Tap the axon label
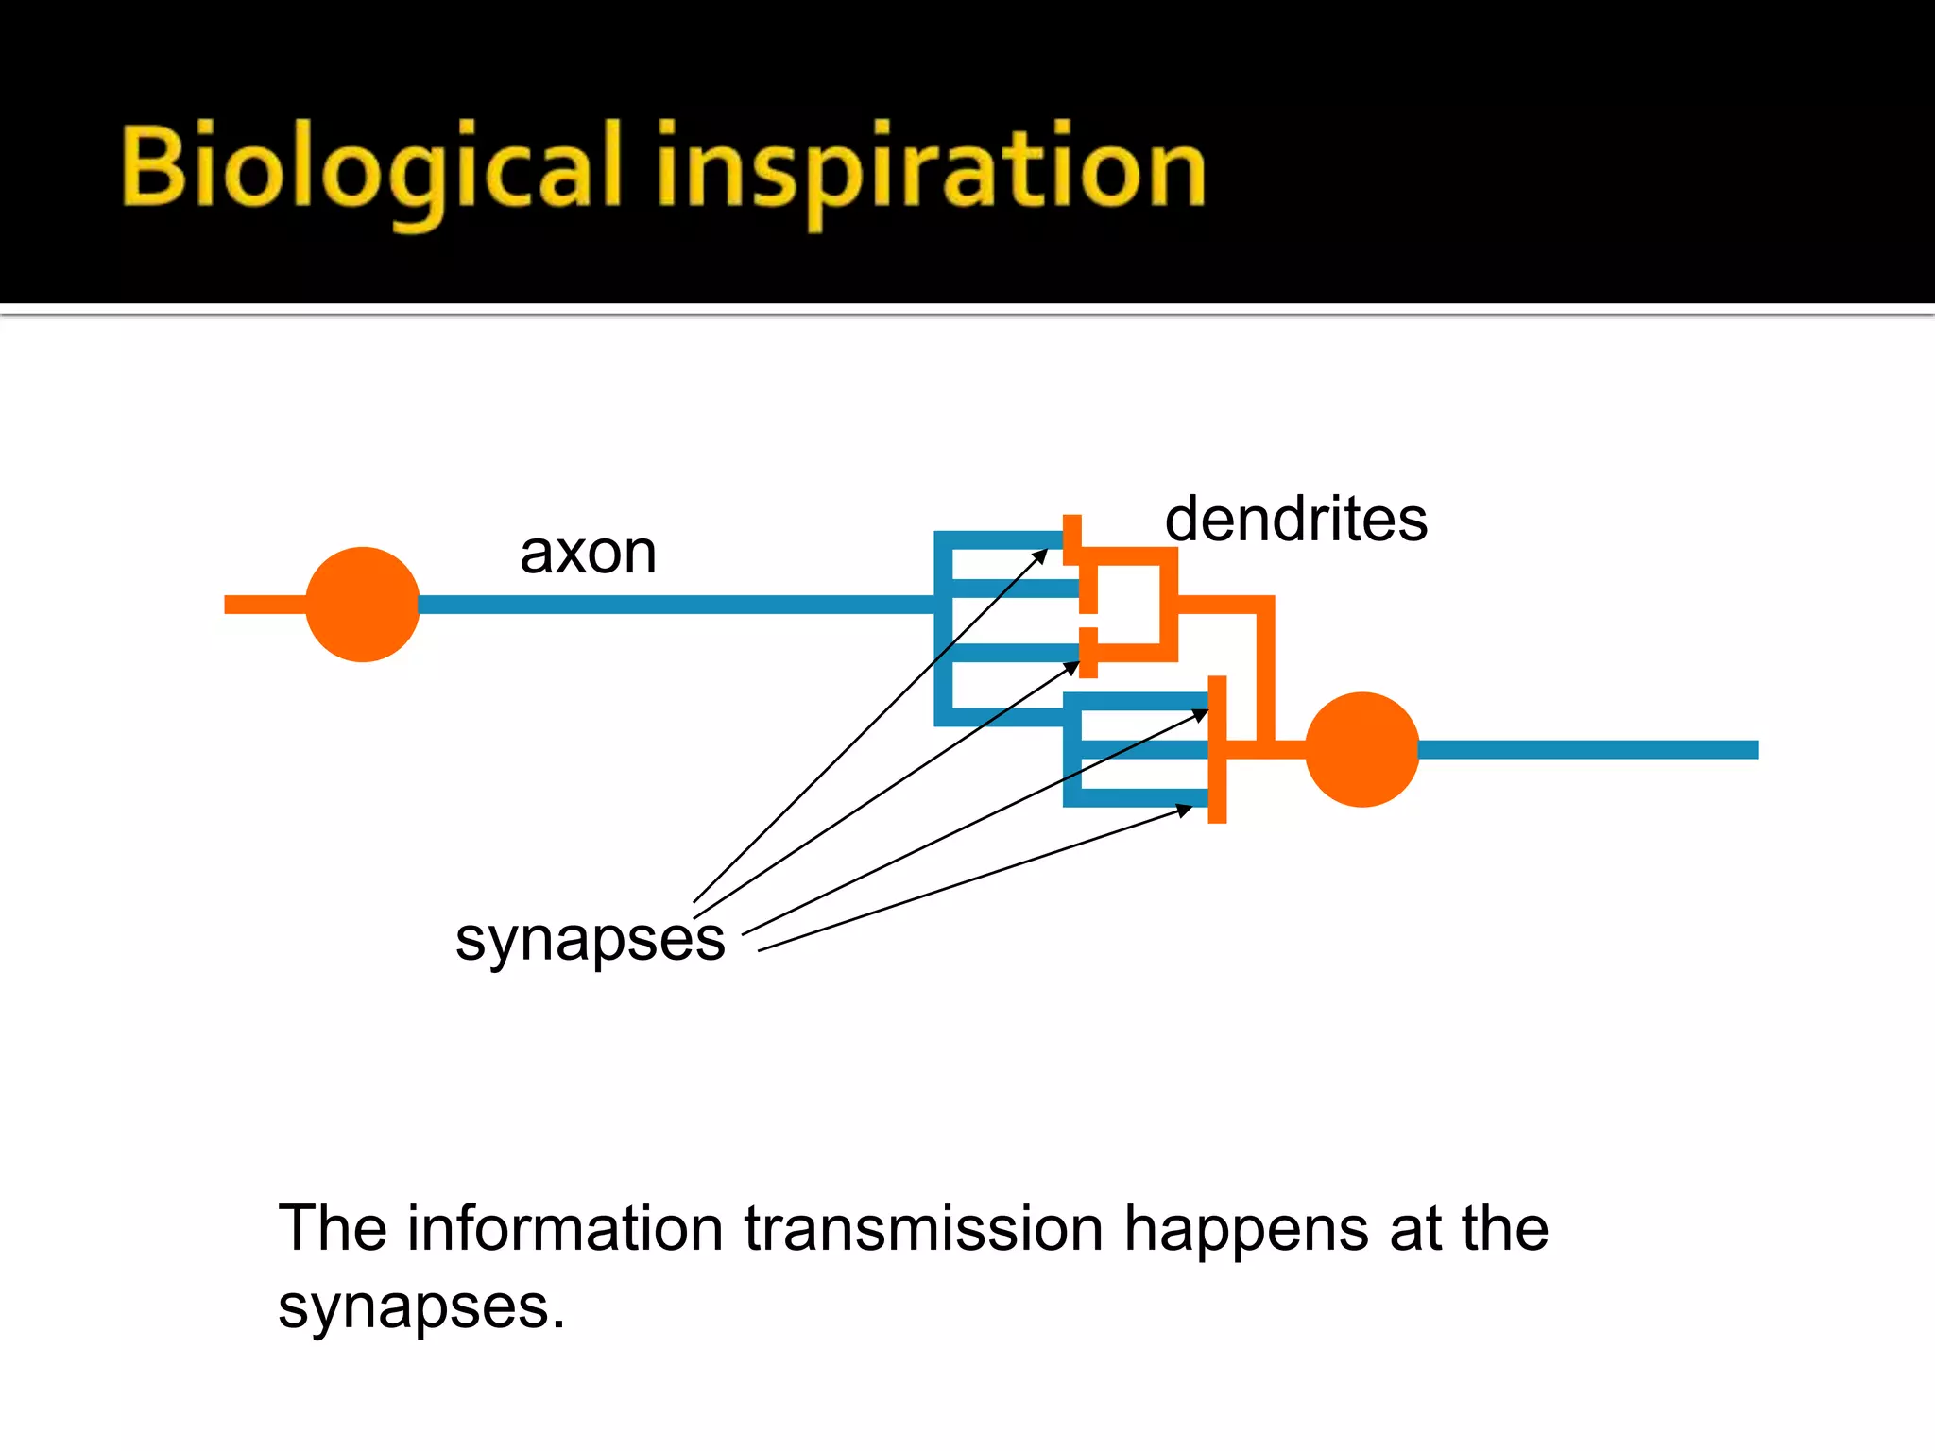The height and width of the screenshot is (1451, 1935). pos(588,553)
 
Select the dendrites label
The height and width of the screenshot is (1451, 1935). pos(1295,520)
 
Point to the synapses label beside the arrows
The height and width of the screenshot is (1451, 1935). pos(590,940)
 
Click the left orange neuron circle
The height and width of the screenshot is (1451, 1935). pos(362,605)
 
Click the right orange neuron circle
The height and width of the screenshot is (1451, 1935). pos(1361,749)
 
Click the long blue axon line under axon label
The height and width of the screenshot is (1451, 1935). pos(676,605)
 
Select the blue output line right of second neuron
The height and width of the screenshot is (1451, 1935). pos(1587,749)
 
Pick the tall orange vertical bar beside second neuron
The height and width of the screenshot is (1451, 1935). pos(1217,749)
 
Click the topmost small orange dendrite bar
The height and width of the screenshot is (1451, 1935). pos(1071,539)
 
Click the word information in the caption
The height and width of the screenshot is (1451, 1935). pos(565,1229)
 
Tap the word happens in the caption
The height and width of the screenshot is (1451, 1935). pos(1245,1229)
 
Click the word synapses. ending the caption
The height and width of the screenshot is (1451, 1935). pos(421,1308)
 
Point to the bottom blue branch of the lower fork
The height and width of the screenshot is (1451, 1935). pos(1139,798)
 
